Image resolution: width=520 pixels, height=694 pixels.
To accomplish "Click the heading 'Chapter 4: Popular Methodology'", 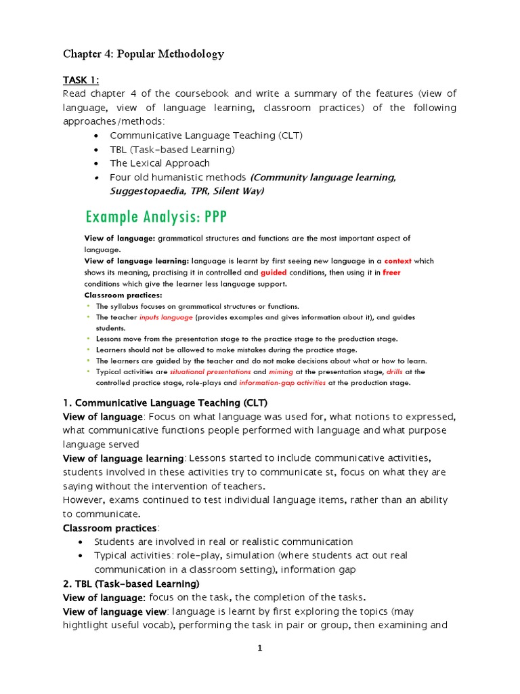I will [143, 54].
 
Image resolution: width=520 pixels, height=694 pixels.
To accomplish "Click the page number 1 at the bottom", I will [259, 649].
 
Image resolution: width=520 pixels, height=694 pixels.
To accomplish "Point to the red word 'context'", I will [397, 261].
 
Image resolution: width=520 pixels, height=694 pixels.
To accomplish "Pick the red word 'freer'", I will [391, 272].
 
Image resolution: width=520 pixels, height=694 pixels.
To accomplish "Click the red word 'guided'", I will [274, 272].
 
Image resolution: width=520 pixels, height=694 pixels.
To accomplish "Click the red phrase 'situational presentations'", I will [210, 372].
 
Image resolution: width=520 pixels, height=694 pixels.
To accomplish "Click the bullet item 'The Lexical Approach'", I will [160, 163].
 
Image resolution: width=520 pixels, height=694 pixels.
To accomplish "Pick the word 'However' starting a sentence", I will [86, 500].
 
